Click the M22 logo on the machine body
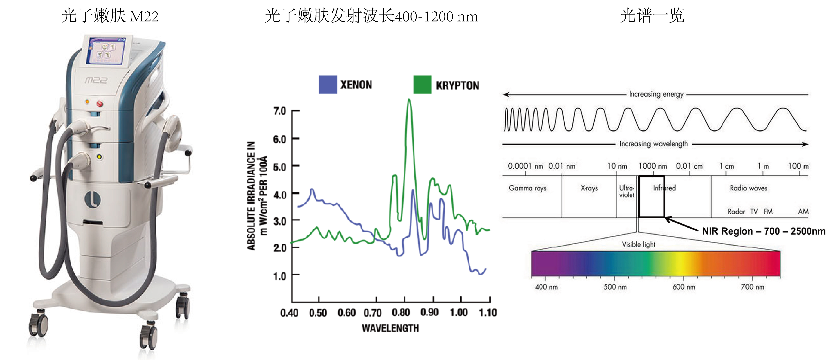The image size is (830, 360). tap(96, 80)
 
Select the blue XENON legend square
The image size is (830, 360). tap(328, 84)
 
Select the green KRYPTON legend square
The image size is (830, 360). tap(422, 84)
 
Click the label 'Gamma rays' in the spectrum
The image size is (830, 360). tap(527, 188)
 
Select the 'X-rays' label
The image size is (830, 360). tap(589, 188)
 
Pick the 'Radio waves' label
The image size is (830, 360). tap(748, 188)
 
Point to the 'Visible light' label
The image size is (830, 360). tap(639, 244)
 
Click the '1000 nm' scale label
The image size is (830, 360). tap(653, 166)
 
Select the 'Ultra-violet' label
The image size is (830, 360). tap(626, 191)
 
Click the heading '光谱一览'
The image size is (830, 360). tap(652, 15)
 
